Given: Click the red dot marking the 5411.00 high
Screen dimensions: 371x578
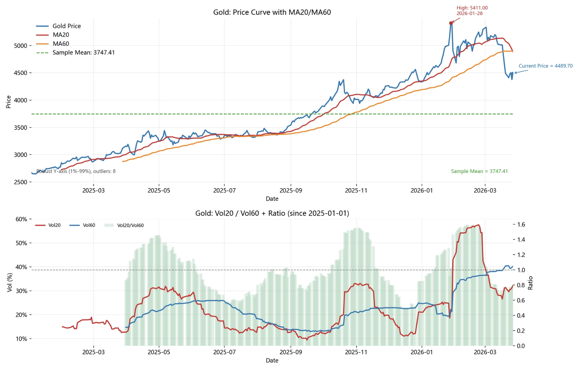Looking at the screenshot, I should click(x=451, y=23).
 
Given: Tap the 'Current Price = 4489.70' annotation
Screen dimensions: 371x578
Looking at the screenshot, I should click(x=545, y=66).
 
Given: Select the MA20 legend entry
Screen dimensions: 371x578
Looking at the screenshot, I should click(x=61, y=35).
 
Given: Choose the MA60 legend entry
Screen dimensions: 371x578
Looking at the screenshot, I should click(x=61, y=43).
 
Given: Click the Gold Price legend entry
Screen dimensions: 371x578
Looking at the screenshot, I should click(x=66, y=26).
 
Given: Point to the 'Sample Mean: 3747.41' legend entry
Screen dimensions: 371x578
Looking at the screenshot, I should click(x=83, y=52).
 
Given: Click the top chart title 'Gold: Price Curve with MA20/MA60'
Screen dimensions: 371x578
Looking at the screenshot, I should click(x=272, y=12).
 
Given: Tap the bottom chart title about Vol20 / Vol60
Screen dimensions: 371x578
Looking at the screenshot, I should click(x=272, y=213).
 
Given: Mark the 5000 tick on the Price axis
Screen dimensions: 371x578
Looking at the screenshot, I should click(x=20, y=45).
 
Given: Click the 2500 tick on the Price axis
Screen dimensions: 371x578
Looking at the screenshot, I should click(x=20, y=182).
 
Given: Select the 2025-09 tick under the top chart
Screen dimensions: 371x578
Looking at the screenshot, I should click(x=291, y=191).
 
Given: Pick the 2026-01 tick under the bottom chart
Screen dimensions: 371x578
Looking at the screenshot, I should click(x=421, y=352).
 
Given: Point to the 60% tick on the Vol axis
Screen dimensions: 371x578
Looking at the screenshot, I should click(x=21, y=219).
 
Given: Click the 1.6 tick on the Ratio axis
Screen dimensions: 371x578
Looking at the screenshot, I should click(x=521, y=225).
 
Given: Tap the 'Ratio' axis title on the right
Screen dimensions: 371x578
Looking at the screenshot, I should click(x=530, y=283).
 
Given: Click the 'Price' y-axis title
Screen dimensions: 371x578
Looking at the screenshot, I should click(x=8, y=102).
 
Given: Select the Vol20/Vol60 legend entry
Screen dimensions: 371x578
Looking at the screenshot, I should click(x=130, y=225).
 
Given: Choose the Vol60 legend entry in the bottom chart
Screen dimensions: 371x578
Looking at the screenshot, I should click(x=89, y=225).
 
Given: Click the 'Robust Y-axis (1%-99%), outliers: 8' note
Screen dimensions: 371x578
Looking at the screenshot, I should click(x=76, y=171).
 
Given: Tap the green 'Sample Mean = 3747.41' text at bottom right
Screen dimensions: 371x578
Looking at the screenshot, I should click(x=479, y=171).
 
